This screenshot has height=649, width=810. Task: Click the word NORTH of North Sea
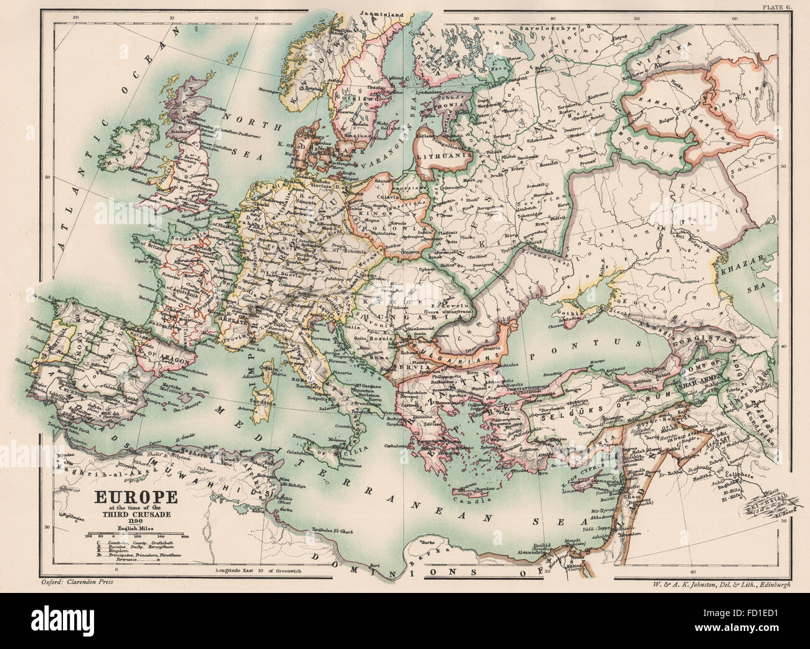237,116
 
